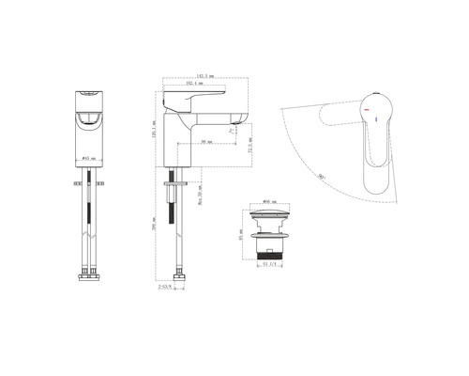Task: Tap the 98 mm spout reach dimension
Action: pos(206,142)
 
